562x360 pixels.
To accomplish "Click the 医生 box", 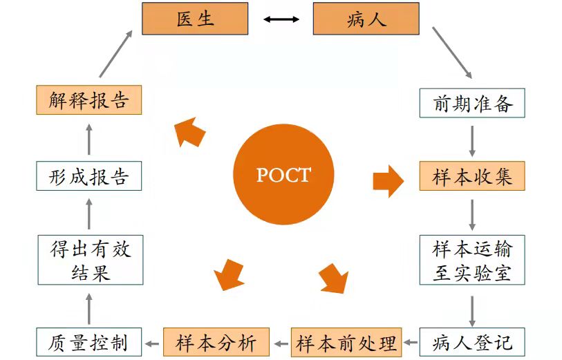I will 194,19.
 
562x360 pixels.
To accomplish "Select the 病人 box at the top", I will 366,19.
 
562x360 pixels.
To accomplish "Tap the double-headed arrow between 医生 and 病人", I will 281,19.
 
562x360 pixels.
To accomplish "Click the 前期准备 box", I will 472,104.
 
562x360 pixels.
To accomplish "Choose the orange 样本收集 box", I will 472,176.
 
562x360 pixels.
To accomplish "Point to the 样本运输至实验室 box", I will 472,260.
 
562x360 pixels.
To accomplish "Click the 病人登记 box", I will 472,342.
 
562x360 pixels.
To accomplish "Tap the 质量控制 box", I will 89,342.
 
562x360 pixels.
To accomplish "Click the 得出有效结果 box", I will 89,260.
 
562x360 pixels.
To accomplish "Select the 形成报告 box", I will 89,176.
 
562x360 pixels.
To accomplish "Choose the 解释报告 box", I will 89,100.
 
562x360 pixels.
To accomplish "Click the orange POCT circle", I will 283,175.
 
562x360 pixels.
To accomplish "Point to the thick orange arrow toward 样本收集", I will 388,180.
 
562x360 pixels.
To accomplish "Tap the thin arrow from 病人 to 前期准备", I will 452,53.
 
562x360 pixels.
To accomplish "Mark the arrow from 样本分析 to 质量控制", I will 153,342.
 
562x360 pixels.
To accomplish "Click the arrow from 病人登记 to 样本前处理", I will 411,342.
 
